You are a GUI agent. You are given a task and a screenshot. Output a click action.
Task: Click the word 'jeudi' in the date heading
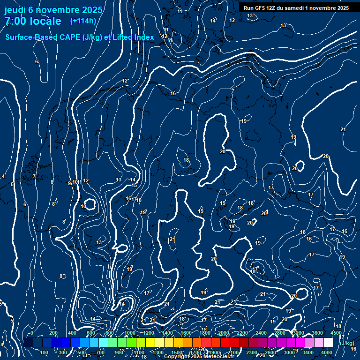coord(15,9)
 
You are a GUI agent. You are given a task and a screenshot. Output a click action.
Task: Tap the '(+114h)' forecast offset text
coord(83,21)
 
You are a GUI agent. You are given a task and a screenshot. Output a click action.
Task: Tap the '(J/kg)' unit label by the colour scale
coord(347,344)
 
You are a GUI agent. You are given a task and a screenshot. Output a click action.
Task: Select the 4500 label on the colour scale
coord(336,333)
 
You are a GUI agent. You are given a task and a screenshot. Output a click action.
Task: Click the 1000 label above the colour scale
coord(130,333)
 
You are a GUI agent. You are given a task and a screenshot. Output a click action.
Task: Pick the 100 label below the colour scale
coord(44,352)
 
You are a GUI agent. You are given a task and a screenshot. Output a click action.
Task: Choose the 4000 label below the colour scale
coord(327,352)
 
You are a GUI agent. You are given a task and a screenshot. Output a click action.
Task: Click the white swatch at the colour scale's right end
coord(328,343)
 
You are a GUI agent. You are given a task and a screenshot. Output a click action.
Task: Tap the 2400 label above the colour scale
coord(261,333)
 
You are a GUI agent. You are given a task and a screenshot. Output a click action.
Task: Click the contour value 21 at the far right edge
coord(343,129)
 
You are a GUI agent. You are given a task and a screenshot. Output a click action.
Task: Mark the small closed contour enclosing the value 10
coord(89,204)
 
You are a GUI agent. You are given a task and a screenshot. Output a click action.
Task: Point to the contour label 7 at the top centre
coord(233,91)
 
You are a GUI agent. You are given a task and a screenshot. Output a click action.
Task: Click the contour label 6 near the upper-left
coord(36,61)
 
